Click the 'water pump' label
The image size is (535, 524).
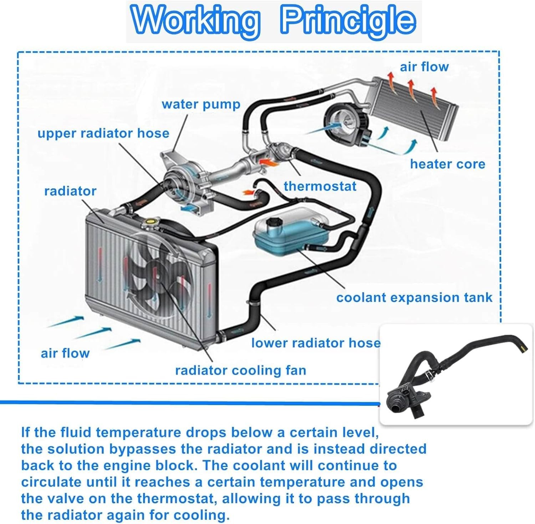pos(201,104)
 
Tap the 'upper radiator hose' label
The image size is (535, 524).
pos(103,133)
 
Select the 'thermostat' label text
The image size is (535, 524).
pos(320,186)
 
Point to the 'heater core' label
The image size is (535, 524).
pos(448,164)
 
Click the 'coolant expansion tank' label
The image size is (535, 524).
pos(414,297)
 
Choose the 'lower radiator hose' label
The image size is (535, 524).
pos(316,343)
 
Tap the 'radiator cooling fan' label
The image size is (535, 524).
pos(241,370)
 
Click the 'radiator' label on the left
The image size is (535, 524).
pos(70,191)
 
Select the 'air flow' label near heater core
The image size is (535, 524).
pos(424,67)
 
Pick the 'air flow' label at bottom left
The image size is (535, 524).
pos(65,353)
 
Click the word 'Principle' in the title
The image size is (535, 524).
pos(348,21)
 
